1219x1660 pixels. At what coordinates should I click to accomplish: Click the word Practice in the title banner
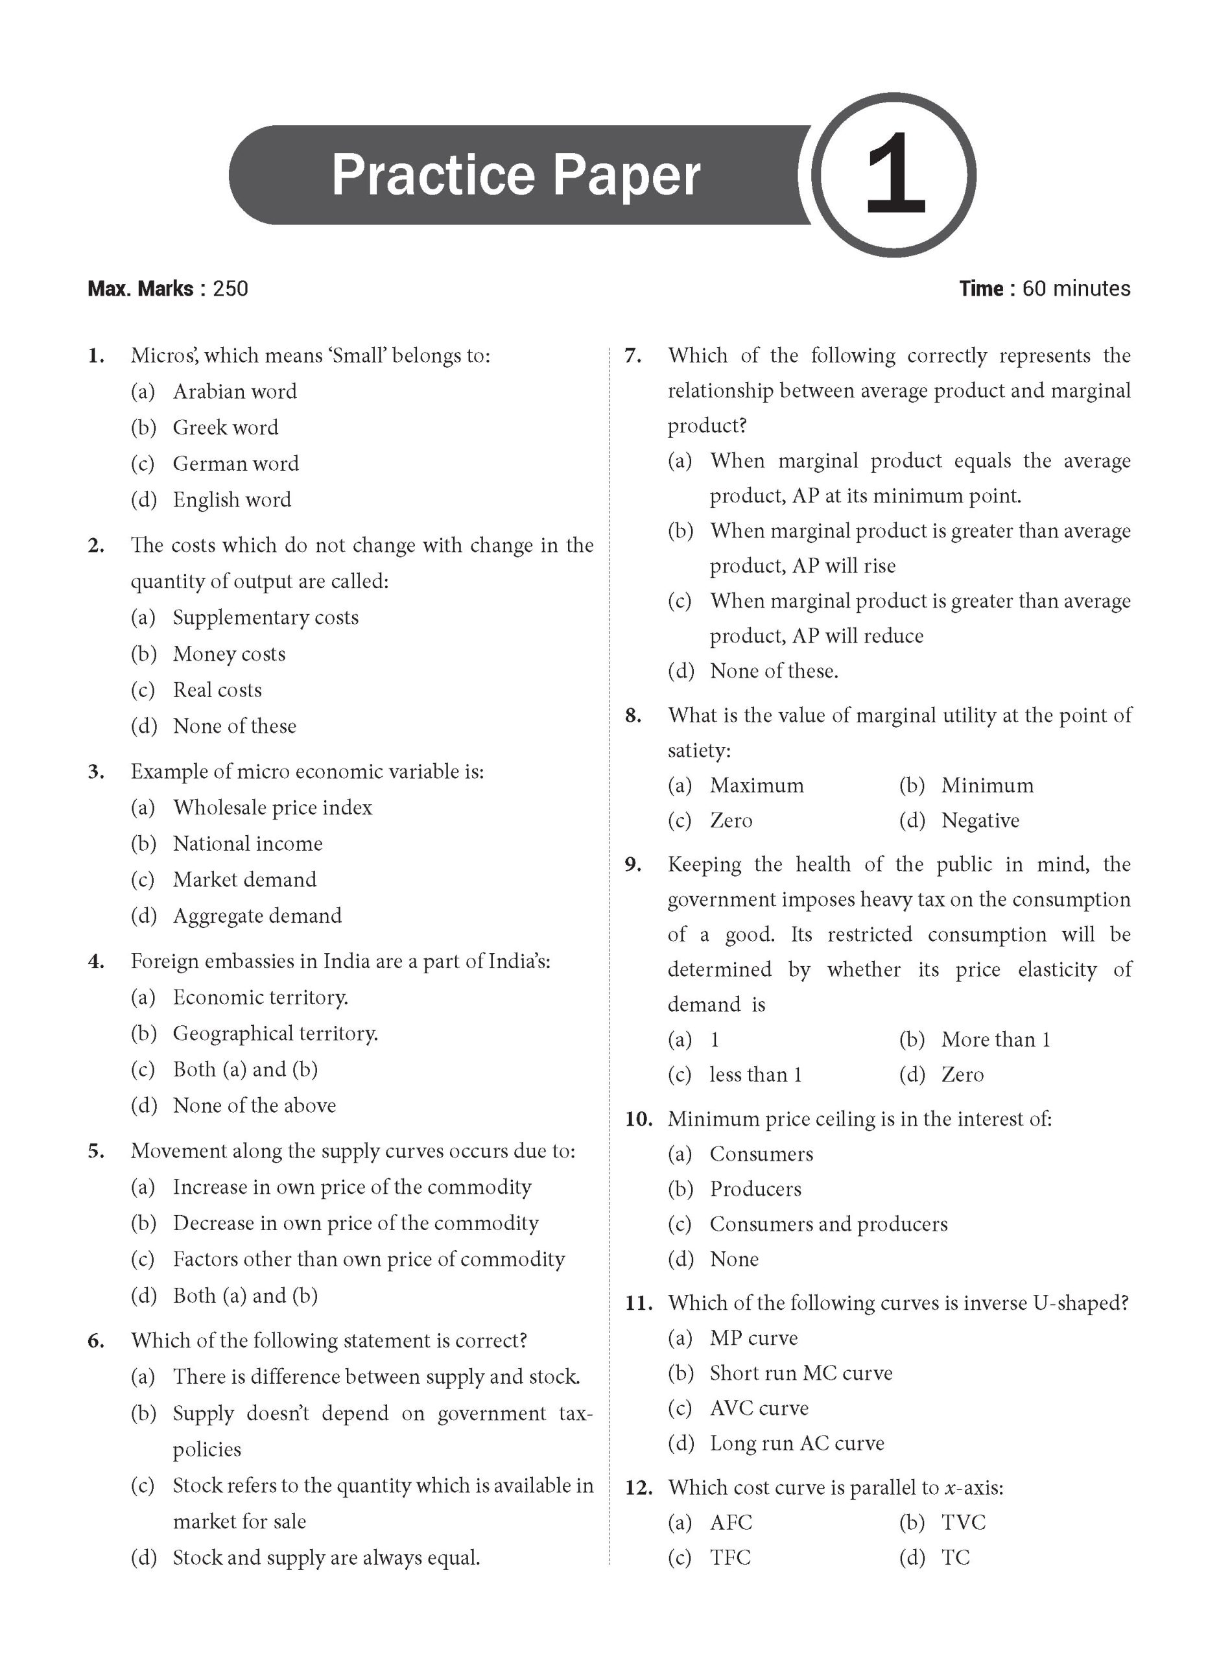[x=432, y=175]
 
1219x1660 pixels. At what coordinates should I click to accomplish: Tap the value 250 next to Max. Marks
[x=230, y=289]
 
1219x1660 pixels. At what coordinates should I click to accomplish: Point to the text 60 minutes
[x=1076, y=289]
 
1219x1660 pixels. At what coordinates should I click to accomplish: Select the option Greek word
[x=225, y=428]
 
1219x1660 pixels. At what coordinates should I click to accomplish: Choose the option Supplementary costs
[x=266, y=617]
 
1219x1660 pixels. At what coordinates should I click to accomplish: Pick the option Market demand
[x=244, y=879]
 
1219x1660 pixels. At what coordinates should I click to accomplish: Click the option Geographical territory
[x=275, y=1034]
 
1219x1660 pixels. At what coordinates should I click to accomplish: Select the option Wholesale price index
[x=272, y=808]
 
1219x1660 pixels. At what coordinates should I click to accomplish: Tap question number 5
[x=96, y=1152]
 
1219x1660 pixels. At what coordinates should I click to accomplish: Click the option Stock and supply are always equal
[x=326, y=1558]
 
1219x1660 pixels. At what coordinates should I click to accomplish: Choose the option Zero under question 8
[x=731, y=820]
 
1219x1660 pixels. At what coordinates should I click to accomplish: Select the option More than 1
[x=995, y=1039]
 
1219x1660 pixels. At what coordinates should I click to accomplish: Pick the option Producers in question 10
[x=755, y=1189]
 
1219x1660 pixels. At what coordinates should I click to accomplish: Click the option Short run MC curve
[x=801, y=1373]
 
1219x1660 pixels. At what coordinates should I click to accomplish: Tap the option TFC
[x=729, y=1558]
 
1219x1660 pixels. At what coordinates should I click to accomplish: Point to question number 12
[x=638, y=1488]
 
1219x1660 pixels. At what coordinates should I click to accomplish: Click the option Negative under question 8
[x=980, y=820]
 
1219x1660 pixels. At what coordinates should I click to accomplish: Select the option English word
[x=231, y=500]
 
